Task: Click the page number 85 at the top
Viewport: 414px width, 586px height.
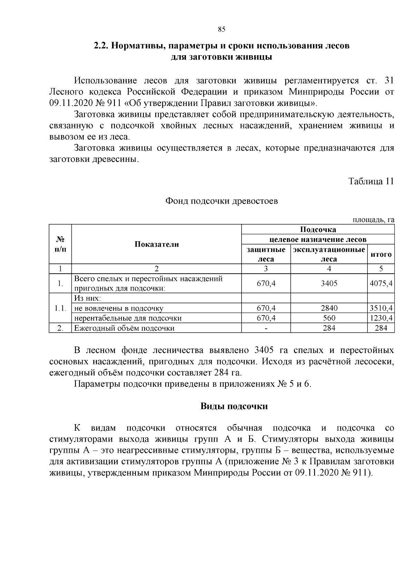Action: click(221, 29)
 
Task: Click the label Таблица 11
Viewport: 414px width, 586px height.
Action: click(371, 182)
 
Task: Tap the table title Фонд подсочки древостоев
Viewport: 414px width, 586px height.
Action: click(221, 201)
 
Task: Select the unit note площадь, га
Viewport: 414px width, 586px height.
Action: click(373, 220)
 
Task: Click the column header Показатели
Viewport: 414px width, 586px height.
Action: click(156, 244)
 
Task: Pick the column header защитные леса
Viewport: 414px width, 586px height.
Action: click(266, 254)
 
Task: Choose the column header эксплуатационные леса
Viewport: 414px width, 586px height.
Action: click(329, 254)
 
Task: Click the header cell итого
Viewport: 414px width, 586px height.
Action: click(381, 254)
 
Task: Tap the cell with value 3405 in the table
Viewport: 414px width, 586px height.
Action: click(329, 283)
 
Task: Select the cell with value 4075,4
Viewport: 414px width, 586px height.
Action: click(381, 283)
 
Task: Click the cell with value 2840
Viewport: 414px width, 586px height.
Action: click(329, 308)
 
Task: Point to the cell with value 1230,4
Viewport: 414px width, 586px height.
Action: click(381, 318)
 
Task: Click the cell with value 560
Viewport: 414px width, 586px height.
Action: click(329, 318)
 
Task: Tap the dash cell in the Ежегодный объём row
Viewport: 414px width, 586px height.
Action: click(266, 328)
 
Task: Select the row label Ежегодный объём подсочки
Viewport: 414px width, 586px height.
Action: click(124, 328)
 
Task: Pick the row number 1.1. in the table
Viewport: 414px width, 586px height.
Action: click(60, 308)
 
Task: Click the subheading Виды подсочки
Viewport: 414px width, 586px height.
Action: click(234, 406)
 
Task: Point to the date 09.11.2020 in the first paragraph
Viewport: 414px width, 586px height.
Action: click(71, 103)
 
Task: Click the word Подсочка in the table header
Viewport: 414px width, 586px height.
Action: click(318, 229)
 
